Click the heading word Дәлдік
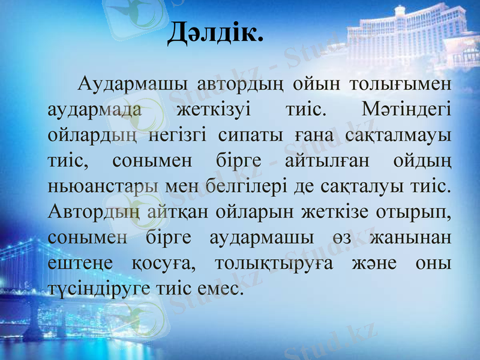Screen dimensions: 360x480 point(215,32)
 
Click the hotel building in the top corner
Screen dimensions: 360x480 point(414,36)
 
